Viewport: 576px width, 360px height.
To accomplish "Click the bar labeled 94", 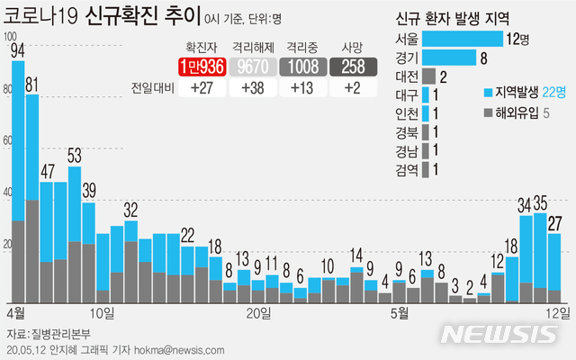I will (18, 180).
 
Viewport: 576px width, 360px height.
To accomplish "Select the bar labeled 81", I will (32, 198).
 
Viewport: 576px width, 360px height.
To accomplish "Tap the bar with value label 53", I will (75, 234).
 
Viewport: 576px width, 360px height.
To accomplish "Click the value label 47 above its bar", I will (47, 172).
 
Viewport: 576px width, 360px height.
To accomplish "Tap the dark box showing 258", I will (353, 67).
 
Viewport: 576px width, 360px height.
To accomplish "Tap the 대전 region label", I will (406, 76).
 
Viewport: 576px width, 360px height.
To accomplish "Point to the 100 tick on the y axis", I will (11, 37).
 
